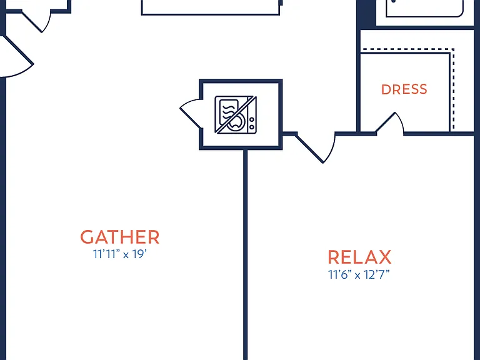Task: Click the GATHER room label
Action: [x=120, y=237]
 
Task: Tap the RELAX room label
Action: [x=359, y=257]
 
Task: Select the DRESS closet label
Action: [x=404, y=89]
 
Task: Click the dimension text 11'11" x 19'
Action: [x=120, y=254]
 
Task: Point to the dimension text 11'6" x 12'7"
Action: [x=359, y=274]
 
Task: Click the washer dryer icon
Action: [x=236, y=115]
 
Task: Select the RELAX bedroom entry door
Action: [x=315, y=147]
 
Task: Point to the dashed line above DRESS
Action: [x=407, y=49]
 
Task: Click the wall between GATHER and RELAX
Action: [x=245, y=255]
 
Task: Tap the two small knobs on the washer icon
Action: [x=252, y=123]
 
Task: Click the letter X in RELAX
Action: [x=384, y=257]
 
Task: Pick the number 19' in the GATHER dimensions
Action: [x=140, y=254]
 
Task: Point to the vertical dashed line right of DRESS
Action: [x=453, y=89]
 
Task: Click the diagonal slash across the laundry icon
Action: [x=236, y=115]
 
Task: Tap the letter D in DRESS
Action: [x=386, y=89]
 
